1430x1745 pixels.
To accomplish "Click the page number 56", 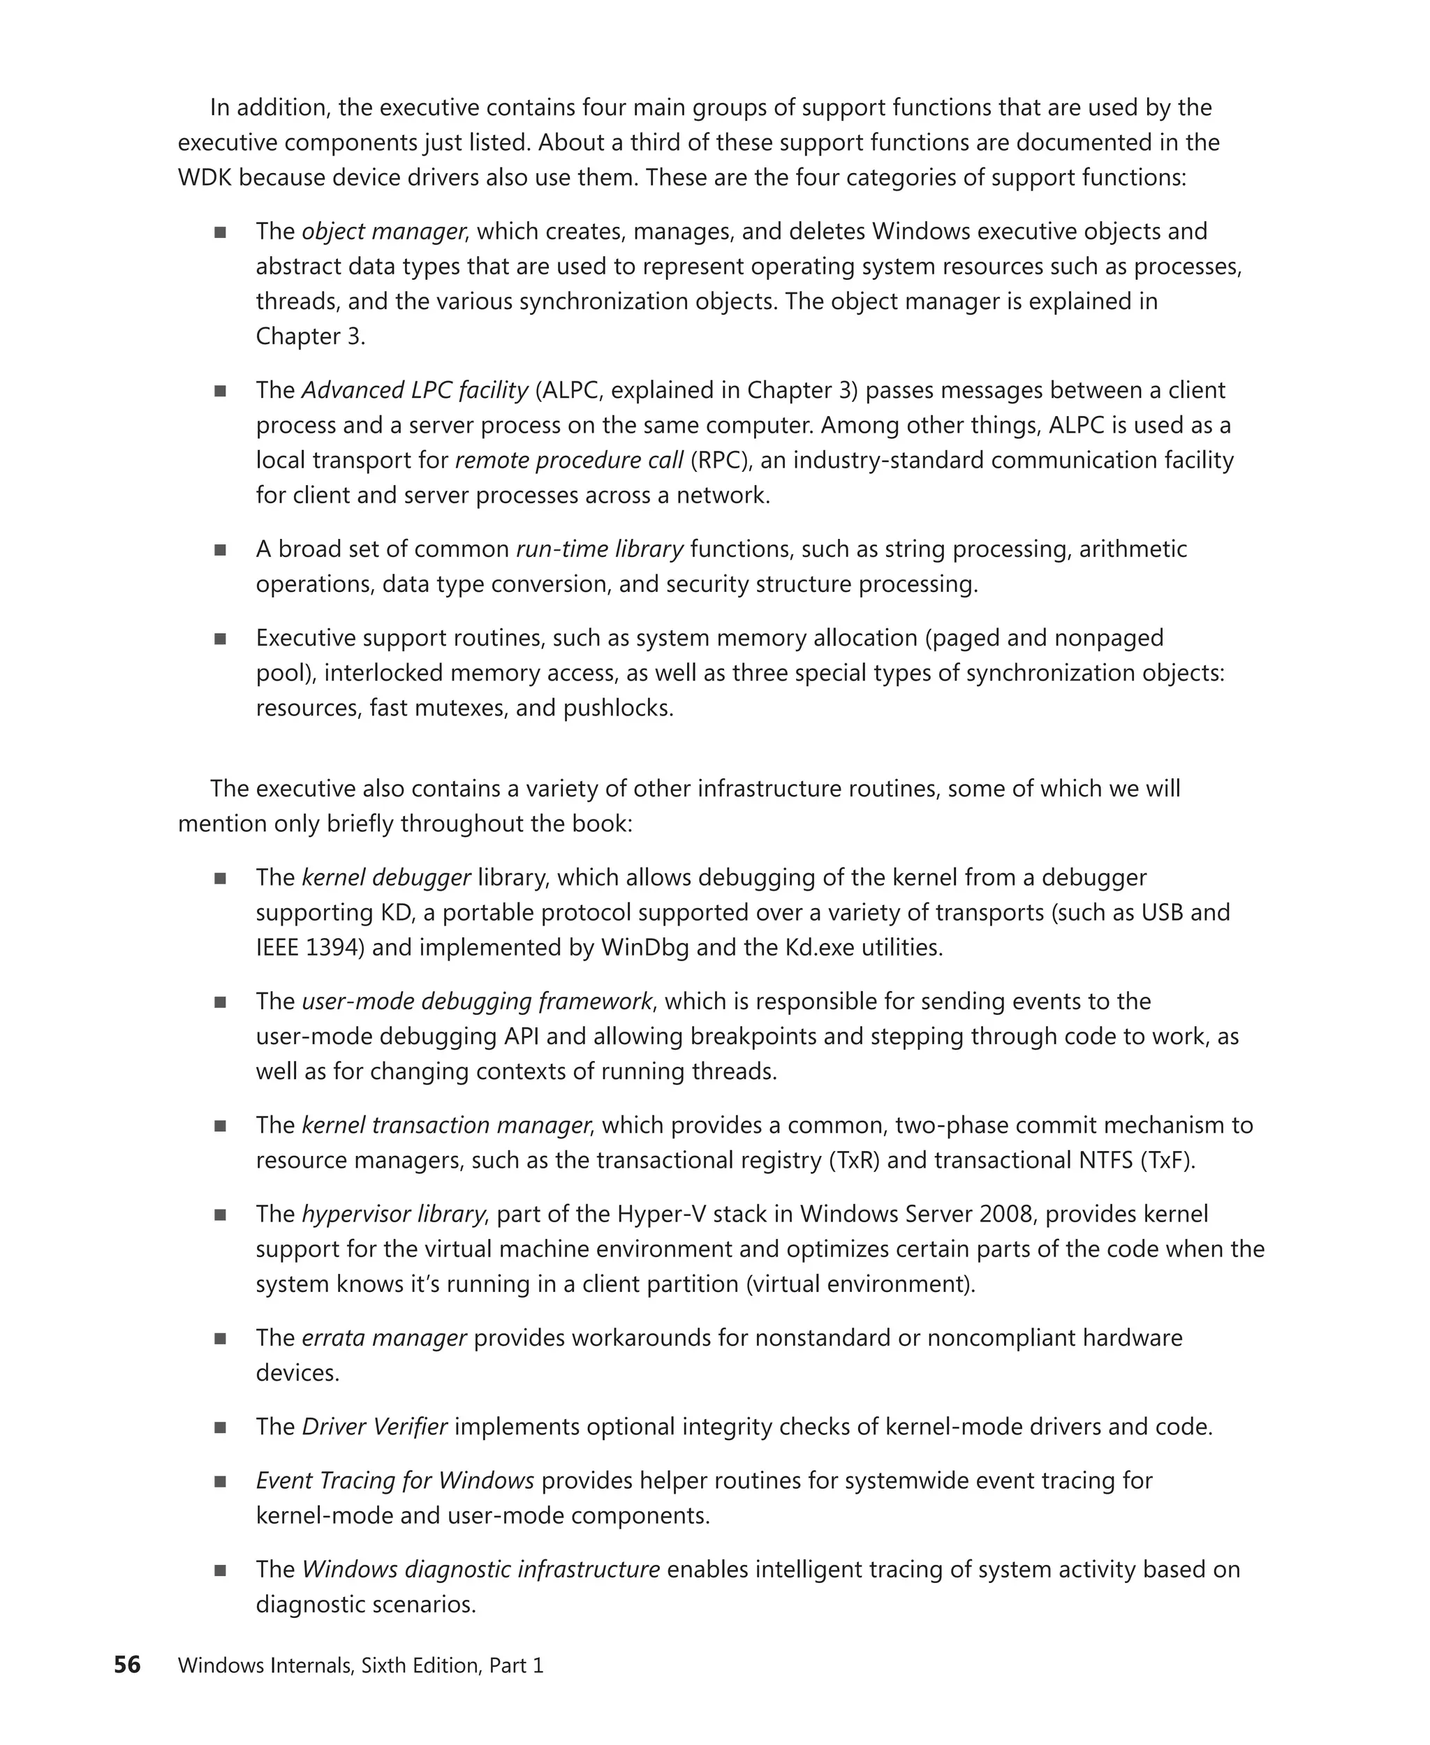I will pyautogui.click(x=127, y=1664).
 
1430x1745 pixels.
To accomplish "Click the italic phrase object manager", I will pyautogui.click(x=383, y=232).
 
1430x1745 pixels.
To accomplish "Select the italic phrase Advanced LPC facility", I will pyautogui.click(x=414, y=390).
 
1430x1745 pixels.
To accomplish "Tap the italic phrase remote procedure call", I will pyautogui.click(x=568, y=461).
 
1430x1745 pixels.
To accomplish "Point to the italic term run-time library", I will pyautogui.click(x=600, y=549).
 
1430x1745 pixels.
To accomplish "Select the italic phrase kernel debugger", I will pyautogui.click(x=386, y=878).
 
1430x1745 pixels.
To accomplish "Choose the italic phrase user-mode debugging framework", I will pyautogui.click(x=477, y=1002).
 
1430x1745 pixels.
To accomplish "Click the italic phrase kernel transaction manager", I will pyautogui.click(x=445, y=1126).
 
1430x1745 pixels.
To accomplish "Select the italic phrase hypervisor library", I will pyautogui.click(x=393, y=1215).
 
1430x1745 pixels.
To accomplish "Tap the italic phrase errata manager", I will pyautogui.click(x=384, y=1338).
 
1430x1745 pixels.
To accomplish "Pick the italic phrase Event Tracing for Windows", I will pyautogui.click(x=395, y=1480).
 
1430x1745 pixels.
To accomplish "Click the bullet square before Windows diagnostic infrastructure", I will pyautogui.click(x=220, y=1570).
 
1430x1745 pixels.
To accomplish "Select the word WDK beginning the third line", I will pyautogui.click(x=205, y=179).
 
